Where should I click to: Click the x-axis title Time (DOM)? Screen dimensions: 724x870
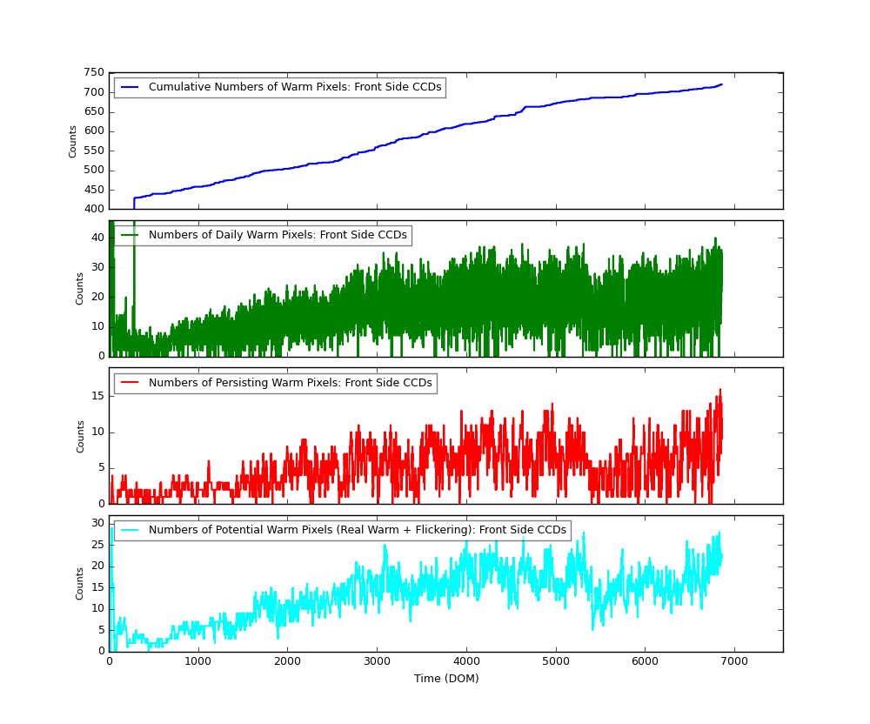pyautogui.click(x=445, y=679)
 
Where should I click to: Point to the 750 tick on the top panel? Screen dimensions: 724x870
pyautogui.click(x=94, y=73)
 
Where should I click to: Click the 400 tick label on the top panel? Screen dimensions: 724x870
pyautogui.click(x=94, y=210)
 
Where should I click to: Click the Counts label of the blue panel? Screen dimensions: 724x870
pyautogui.click(x=73, y=141)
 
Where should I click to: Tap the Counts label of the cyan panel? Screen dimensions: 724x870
pyautogui.click(x=80, y=583)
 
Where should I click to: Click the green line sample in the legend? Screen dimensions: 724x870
pyautogui.click(x=130, y=236)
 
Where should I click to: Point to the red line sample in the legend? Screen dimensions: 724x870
pyautogui.click(x=130, y=383)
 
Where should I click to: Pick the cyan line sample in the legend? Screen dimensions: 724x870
pyautogui.click(x=130, y=530)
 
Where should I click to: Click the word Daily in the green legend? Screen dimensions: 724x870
pyautogui.click(x=218, y=236)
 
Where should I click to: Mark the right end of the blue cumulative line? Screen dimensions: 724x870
pyautogui.click(x=721, y=84)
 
